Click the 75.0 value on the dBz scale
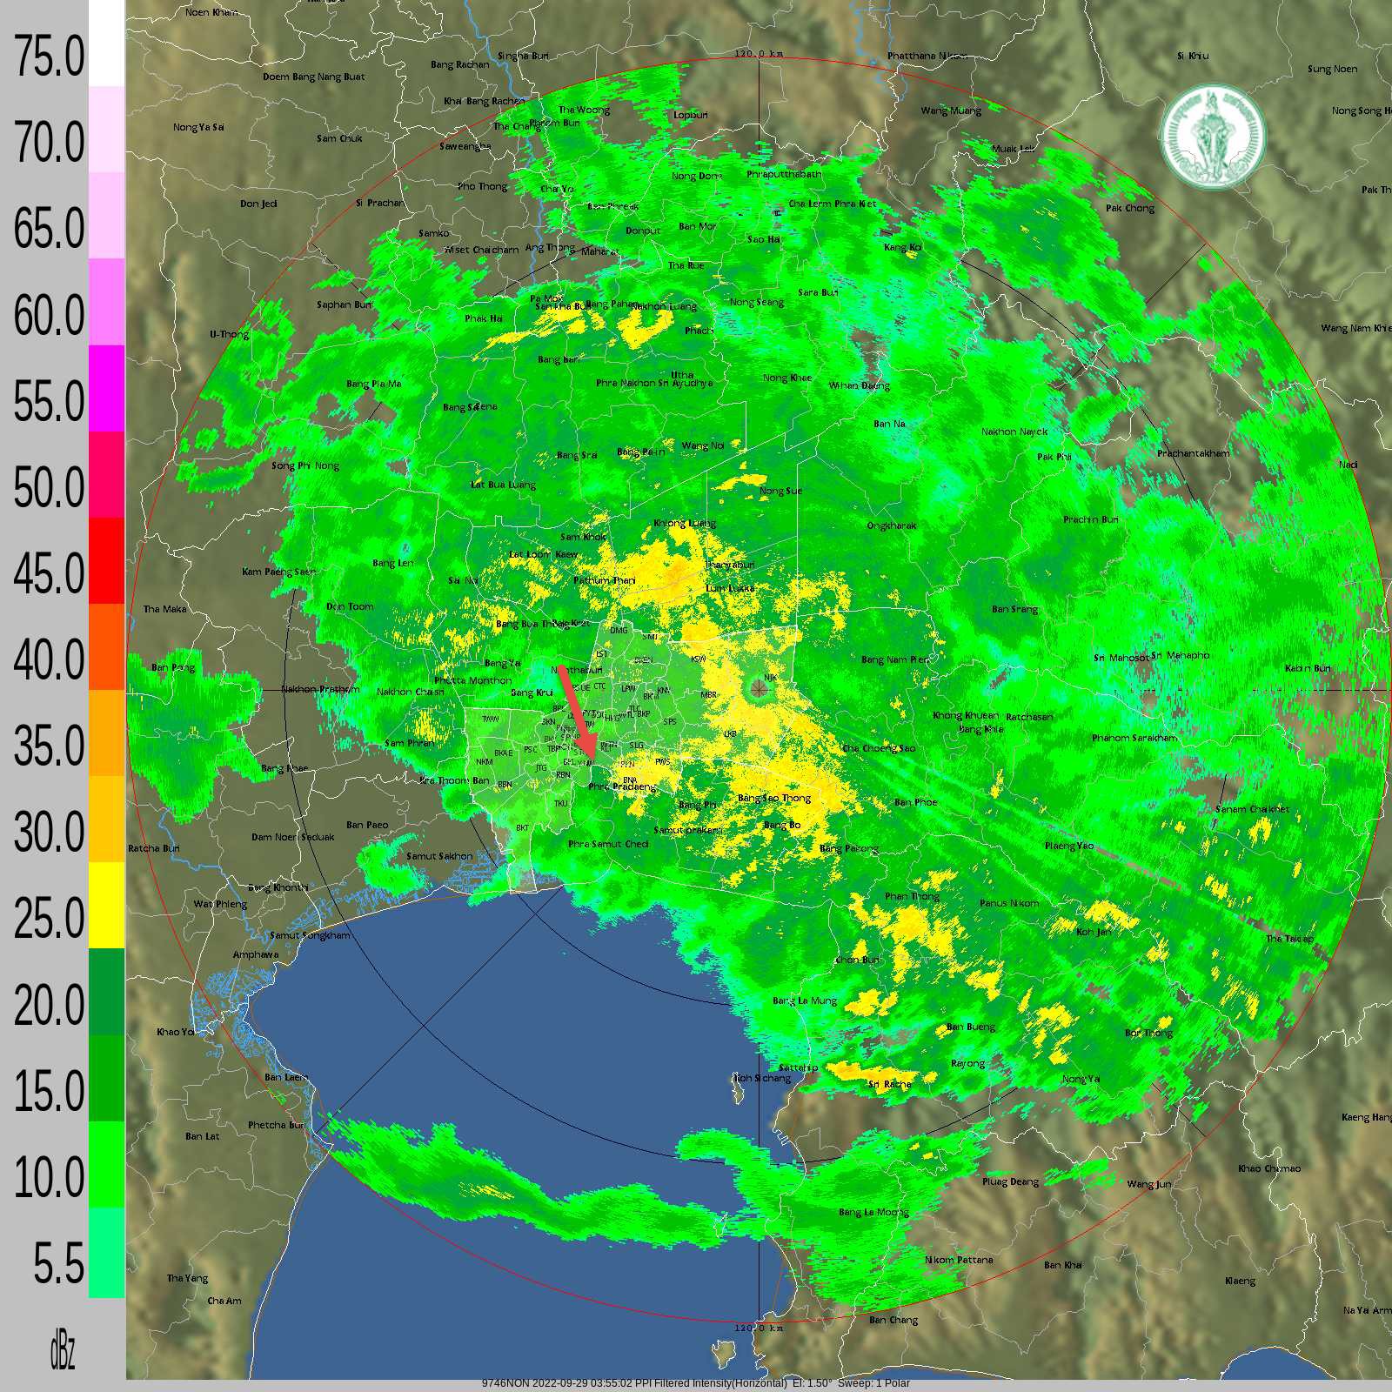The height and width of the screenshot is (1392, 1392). coord(49,57)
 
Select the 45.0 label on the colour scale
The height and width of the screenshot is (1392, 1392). coord(49,573)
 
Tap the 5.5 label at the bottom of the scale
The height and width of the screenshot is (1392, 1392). coord(59,1263)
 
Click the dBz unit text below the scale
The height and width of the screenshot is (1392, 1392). coord(62,1352)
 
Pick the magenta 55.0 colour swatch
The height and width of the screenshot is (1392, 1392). coord(106,387)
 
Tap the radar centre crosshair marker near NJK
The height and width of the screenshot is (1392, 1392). coord(760,690)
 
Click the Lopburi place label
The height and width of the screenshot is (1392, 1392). coord(691,115)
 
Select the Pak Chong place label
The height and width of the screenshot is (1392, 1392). coord(1130,208)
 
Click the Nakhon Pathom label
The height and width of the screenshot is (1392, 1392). coord(319,690)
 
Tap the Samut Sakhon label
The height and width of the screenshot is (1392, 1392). coord(439,856)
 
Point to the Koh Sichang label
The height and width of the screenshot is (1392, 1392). coord(762,1079)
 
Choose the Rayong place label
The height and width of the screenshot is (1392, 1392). coord(967,1063)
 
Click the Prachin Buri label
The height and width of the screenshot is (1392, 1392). coord(1090,519)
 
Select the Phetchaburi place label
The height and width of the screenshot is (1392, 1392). coord(277,1125)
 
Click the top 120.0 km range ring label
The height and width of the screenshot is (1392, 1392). coord(759,54)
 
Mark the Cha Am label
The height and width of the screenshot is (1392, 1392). coord(224,1301)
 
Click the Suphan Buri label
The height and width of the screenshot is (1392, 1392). coord(344,304)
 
